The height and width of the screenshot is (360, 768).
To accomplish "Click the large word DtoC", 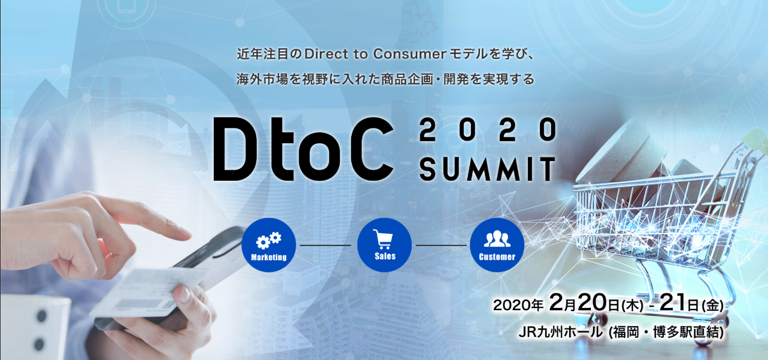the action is [303, 150].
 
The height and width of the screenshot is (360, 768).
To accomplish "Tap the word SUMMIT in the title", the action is [487, 169].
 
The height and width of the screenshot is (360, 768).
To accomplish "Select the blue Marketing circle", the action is [269, 245].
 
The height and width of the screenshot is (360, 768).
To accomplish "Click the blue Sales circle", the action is [385, 245].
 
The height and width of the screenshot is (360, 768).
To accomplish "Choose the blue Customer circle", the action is [497, 245].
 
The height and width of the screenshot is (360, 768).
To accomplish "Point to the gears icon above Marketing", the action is [269, 240].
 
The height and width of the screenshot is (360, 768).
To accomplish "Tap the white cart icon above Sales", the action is [383, 239].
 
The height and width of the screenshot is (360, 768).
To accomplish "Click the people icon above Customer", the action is [497, 239].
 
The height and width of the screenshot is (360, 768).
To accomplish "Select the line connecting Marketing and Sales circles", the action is [326, 245].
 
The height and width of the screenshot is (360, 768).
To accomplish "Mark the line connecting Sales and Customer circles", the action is [441, 245].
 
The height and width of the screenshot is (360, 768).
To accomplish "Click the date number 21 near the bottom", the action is [672, 302].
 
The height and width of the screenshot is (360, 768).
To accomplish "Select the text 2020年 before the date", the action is [518, 305].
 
